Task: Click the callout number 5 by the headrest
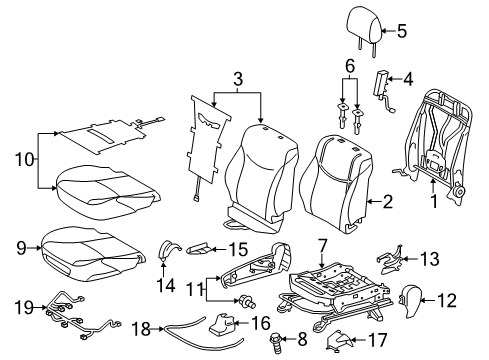point(402,30)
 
